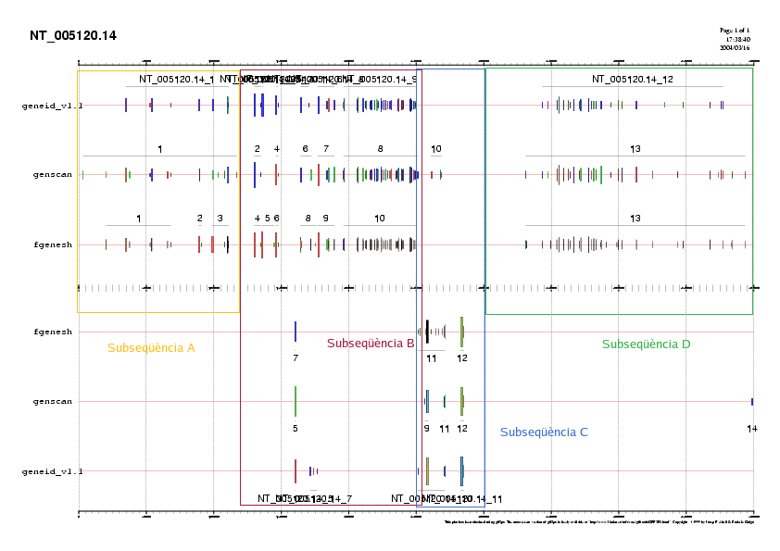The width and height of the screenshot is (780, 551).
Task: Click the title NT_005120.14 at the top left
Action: click(x=73, y=36)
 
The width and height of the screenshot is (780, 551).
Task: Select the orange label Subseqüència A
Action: click(x=151, y=348)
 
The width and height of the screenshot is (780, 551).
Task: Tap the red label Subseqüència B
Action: click(x=371, y=344)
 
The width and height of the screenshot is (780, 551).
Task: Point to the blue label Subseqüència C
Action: click(x=544, y=432)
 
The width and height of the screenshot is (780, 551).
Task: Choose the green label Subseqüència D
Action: click(x=646, y=344)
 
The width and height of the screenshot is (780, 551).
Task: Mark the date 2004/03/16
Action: click(x=734, y=47)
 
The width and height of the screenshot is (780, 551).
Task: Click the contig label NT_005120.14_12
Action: click(x=633, y=80)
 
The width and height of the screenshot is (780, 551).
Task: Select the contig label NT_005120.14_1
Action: click(x=177, y=80)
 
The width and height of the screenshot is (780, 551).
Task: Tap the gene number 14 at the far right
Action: click(x=752, y=429)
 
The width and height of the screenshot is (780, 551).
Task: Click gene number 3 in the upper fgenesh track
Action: click(x=220, y=219)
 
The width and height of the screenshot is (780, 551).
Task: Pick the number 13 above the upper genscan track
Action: click(x=635, y=149)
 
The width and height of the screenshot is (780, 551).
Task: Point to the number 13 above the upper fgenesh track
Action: click(x=635, y=219)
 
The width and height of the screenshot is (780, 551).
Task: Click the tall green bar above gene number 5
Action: click(x=296, y=401)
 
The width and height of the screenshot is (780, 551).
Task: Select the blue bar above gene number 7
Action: click(x=296, y=332)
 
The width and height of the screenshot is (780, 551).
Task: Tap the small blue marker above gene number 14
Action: click(x=752, y=402)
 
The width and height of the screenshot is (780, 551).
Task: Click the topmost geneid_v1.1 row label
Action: click(x=52, y=106)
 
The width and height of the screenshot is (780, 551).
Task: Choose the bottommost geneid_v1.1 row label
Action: click(x=52, y=471)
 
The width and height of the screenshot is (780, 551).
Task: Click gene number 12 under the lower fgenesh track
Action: click(x=462, y=358)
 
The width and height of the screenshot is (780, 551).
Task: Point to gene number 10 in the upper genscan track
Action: click(x=436, y=149)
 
